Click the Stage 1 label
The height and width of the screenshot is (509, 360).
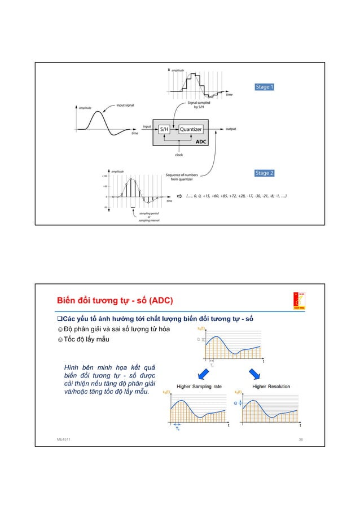click(265, 87)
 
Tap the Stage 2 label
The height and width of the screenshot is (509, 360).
click(265, 173)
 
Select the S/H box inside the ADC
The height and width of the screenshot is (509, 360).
click(164, 129)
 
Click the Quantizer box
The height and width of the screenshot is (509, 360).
click(190, 129)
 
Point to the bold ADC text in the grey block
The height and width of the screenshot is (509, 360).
click(201, 142)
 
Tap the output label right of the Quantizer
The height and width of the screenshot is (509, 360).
click(231, 129)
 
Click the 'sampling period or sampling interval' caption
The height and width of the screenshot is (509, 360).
click(149, 217)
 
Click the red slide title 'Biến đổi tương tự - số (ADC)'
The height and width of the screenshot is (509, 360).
click(113, 299)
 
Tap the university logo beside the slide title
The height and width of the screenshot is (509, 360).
click(298, 300)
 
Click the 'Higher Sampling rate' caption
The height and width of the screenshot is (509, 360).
click(200, 387)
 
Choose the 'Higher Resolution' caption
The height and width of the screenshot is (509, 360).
click(271, 387)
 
